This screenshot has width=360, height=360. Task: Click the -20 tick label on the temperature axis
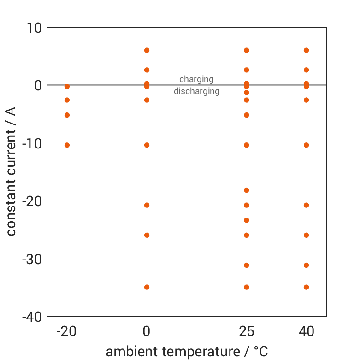67,331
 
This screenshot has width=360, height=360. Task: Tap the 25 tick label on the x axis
247,331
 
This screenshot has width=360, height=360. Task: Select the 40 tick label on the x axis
306,331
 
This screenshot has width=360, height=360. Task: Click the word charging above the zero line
196,79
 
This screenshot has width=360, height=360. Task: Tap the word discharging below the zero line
196,91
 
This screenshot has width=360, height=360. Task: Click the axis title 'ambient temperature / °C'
187,352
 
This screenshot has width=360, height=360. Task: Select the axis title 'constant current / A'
11,171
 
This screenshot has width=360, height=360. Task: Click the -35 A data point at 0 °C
147,287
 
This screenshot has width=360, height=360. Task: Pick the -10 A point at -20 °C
67,145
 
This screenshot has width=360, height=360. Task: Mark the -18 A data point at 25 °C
247,190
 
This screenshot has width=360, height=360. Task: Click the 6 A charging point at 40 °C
306,50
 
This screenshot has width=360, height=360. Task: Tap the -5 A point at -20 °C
67,115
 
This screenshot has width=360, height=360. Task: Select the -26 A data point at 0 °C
147,235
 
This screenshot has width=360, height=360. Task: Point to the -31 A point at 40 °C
306,265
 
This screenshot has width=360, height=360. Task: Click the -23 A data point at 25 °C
247,220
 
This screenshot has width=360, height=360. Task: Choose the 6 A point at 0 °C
147,50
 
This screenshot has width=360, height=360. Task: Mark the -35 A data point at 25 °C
247,287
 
